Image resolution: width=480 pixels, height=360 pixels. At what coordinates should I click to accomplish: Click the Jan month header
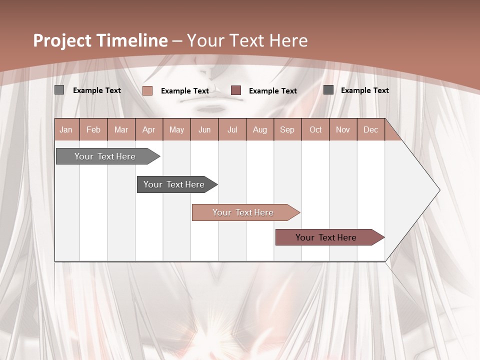(x=66, y=129)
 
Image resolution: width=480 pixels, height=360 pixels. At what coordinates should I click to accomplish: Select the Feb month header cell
(x=93, y=129)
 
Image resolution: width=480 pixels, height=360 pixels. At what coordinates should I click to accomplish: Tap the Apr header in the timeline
(x=148, y=129)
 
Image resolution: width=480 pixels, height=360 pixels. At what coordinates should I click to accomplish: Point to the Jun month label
(x=204, y=129)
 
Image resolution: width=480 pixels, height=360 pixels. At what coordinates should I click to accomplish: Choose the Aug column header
(x=259, y=129)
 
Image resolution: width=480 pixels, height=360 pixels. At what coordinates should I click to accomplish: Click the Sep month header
(x=287, y=129)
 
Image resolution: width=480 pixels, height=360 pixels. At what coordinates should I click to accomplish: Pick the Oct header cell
(x=315, y=129)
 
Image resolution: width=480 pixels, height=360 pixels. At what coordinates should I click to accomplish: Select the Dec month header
(x=370, y=129)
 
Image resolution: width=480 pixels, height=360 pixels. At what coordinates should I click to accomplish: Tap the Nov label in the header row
(x=343, y=129)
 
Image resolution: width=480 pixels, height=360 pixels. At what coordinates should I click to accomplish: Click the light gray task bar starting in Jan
(x=105, y=156)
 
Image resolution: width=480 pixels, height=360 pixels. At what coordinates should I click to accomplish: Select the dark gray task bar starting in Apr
(x=174, y=184)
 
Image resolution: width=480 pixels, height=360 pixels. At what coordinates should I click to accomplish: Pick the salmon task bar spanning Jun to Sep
(x=243, y=212)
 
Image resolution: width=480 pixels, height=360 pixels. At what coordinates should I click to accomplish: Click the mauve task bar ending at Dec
(x=326, y=237)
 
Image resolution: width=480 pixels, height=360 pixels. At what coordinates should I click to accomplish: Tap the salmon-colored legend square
(x=147, y=90)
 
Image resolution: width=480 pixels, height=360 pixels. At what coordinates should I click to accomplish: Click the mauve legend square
(x=236, y=90)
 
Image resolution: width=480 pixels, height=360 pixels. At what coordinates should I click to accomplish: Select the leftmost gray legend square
(x=59, y=90)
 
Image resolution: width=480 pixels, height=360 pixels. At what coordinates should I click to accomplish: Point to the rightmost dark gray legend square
(x=328, y=89)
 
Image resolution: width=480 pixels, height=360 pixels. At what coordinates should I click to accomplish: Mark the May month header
(x=176, y=129)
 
